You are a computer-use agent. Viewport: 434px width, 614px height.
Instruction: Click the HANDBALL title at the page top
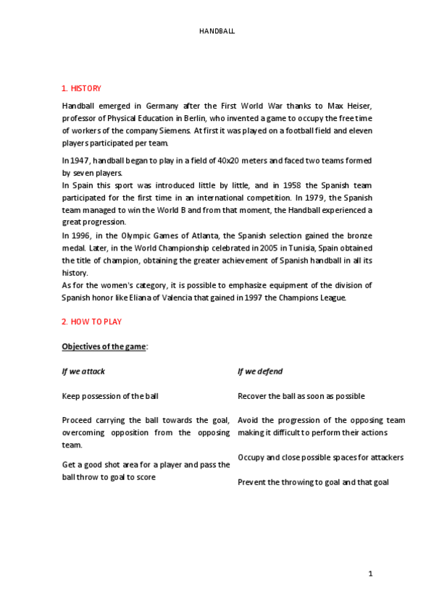coord(217,32)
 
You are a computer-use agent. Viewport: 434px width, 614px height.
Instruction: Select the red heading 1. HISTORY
coord(81,88)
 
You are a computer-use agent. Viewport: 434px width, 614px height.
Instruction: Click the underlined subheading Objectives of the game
coord(104,347)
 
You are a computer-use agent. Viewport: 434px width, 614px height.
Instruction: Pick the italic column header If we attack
coord(83,371)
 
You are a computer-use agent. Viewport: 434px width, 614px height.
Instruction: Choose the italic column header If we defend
coord(260,371)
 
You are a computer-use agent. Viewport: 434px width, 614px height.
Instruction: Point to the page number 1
coord(370,574)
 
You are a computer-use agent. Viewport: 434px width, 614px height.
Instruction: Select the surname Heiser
coord(359,106)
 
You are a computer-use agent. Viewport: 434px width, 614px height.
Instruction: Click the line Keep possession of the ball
coord(110,396)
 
